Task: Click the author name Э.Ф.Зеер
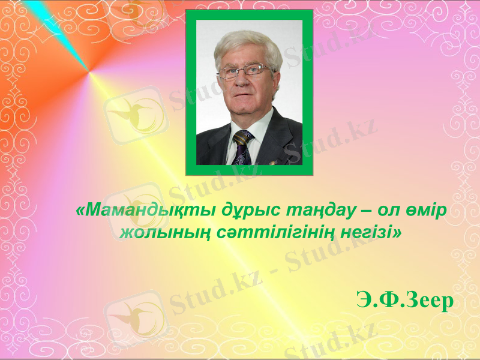tap(403, 299)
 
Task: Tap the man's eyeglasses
tap(245, 72)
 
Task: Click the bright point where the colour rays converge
tap(90, 73)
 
